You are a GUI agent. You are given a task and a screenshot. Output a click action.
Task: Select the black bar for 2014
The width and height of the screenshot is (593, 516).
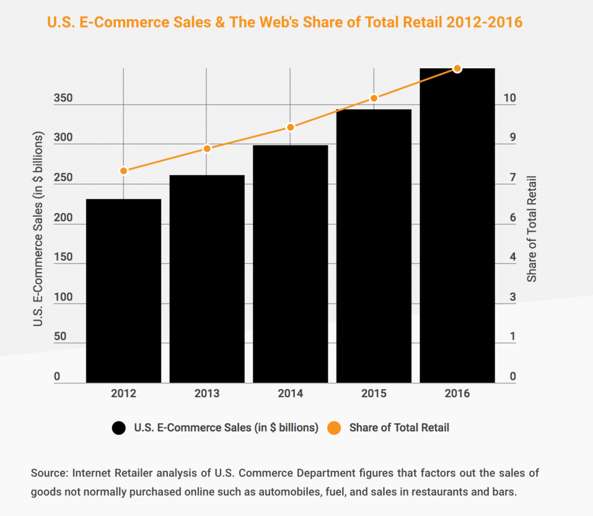291,264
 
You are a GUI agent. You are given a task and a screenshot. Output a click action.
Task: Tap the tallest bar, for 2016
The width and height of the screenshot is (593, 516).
457,226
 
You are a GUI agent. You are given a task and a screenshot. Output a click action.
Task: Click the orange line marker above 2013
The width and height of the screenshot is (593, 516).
207,149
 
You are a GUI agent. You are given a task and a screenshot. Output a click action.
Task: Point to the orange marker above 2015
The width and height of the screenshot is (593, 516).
374,98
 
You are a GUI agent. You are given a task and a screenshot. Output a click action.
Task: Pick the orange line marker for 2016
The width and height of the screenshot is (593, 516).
457,68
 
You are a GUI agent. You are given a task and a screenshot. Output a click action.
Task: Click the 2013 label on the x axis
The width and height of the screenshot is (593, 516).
207,394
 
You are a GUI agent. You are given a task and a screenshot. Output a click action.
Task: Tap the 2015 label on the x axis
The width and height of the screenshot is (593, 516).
374,394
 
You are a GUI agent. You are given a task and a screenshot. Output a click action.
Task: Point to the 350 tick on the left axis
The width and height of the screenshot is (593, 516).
63,98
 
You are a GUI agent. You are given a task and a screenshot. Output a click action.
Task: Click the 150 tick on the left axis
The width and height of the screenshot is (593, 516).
63,257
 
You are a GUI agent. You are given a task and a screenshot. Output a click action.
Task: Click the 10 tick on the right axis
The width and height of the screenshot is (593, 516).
510,98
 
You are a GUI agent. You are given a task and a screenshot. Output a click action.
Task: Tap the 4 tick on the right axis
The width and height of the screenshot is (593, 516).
513,257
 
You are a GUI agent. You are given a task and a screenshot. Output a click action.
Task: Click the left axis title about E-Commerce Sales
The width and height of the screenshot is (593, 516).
39,229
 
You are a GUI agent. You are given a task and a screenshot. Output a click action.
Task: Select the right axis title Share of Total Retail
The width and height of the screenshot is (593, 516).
532,229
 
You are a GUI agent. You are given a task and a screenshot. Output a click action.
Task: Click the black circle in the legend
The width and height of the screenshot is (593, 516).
119,428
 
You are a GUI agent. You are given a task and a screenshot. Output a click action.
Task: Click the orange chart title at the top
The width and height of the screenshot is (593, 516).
284,23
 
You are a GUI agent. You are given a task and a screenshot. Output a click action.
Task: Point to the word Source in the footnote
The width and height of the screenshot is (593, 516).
48,473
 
